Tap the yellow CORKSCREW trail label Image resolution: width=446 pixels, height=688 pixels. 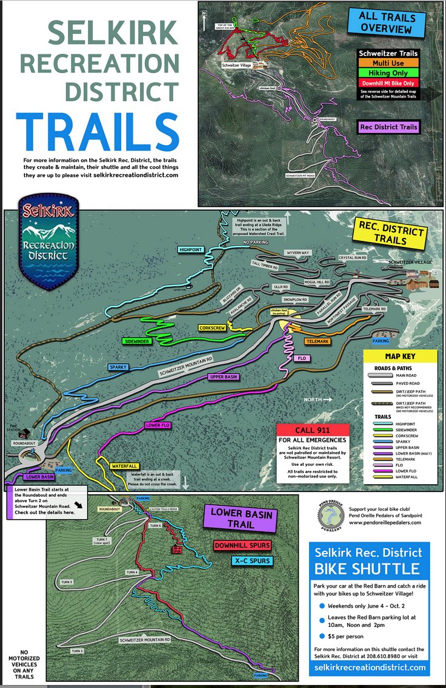coord(211,327)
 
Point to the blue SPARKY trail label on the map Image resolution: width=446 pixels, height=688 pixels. coord(119,367)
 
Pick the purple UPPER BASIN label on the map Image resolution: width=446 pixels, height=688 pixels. coord(225,376)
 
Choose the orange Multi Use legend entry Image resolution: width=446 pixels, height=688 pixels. coord(388,63)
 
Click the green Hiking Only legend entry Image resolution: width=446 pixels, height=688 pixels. coord(388,73)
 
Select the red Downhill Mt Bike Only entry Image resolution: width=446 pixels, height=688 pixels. coord(388,82)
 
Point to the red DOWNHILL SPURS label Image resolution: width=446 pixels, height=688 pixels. coord(242,545)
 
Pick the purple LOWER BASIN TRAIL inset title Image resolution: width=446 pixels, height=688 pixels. coord(242,519)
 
